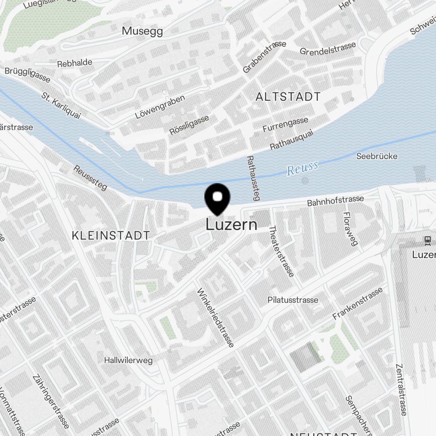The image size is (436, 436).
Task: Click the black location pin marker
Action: coord(217,198)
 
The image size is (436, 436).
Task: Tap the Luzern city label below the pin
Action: coord(231,225)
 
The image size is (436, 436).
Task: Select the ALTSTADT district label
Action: coord(288,97)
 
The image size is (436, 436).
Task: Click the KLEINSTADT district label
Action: coord(111,236)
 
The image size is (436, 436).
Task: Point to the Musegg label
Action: coord(142,31)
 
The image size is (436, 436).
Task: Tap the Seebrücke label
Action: coord(377,156)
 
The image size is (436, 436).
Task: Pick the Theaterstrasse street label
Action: coord(281,252)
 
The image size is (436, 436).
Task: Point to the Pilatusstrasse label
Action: coord(293,300)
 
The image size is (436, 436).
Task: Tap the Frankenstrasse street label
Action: coord(358,303)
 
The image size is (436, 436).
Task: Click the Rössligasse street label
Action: coord(189,125)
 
